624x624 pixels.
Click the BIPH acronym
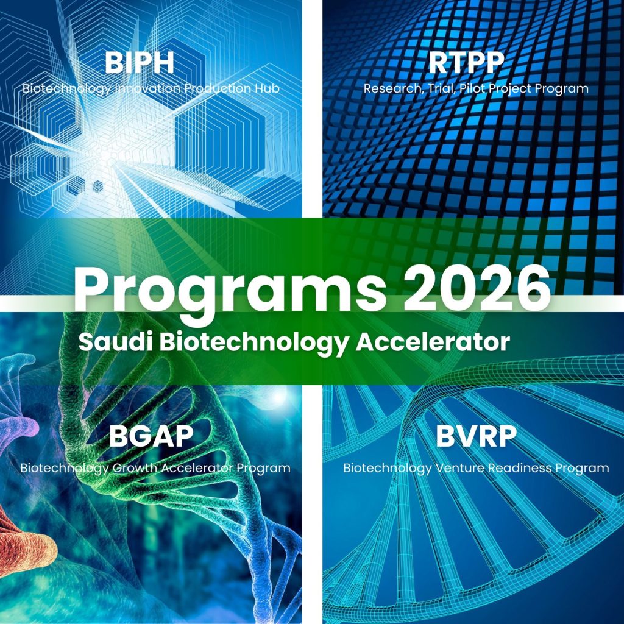[x=140, y=63]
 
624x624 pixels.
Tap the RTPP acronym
[x=466, y=63]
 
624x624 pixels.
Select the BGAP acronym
[x=151, y=436]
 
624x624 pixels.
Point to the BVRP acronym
[x=476, y=436]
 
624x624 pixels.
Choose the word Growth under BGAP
[x=135, y=467]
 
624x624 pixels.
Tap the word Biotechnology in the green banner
[x=255, y=343]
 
